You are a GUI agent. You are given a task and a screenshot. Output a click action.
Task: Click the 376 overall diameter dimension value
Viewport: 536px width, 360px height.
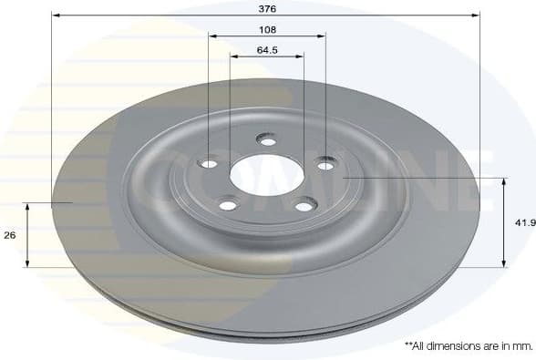click(266, 7)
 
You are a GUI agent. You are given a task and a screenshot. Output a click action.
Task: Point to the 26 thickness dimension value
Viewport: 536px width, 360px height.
click(10, 235)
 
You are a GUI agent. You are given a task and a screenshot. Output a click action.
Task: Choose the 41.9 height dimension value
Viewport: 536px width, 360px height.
click(524, 221)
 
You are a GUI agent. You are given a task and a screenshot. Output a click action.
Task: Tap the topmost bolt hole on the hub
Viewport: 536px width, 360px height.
click(267, 140)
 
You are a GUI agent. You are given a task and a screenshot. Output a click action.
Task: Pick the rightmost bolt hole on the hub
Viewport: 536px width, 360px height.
click(325, 164)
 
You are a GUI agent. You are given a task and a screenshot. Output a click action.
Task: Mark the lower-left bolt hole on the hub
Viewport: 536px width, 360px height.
click(228, 204)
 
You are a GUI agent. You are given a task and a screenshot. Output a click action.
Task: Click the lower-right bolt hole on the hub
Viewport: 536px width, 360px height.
click(304, 206)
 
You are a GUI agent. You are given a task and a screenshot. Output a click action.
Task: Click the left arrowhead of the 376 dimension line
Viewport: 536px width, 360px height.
click(56, 15)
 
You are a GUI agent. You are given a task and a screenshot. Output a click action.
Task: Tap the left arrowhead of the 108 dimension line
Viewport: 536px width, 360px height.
click(212, 36)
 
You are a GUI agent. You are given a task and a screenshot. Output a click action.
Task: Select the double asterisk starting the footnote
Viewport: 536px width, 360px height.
click(409, 345)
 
